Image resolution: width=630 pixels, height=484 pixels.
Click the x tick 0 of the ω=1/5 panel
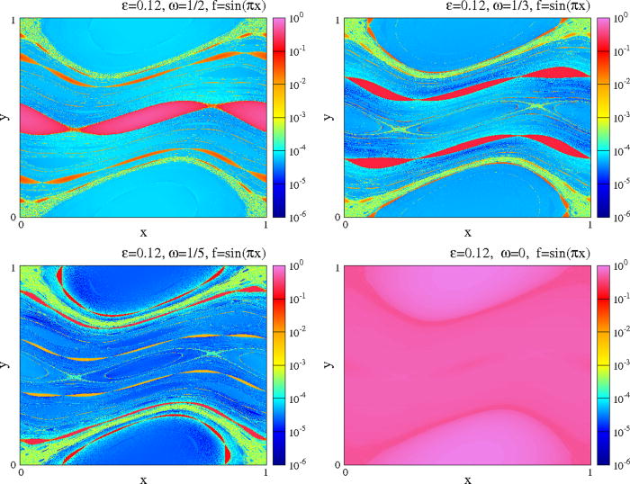click(21, 471)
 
